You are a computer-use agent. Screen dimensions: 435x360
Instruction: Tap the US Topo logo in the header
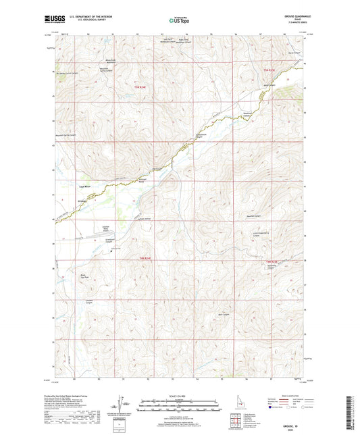click(179, 21)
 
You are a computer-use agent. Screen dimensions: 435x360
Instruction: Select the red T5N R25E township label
click(269, 70)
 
